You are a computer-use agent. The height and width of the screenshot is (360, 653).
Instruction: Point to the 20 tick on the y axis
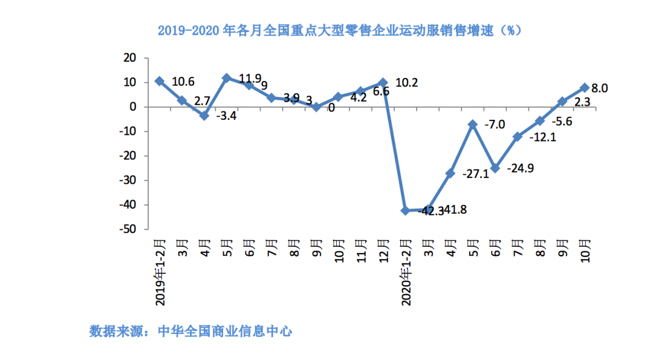pos(129,58)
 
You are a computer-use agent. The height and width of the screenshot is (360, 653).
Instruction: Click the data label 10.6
pos(183,82)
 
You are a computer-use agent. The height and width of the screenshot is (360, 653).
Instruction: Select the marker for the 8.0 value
pos(585,88)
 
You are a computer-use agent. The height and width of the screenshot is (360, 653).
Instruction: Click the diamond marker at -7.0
pos(473,124)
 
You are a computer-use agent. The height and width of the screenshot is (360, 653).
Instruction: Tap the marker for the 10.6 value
pos(159,81)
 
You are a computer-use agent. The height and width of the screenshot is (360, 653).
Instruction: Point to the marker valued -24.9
pos(495,168)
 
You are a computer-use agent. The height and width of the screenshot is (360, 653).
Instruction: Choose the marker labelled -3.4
pos(204,115)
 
